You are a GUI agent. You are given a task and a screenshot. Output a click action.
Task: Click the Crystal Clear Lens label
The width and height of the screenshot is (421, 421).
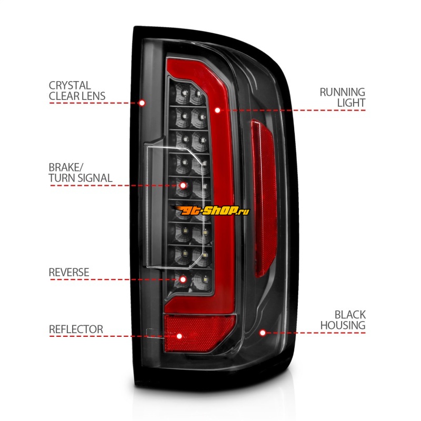pyautogui.click(x=77, y=91)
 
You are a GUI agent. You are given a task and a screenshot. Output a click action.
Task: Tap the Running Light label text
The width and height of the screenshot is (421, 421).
pyautogui.click(x=342, y=97)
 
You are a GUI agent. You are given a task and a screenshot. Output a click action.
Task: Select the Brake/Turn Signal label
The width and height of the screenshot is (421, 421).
pyautogui.click(x=80, y=173)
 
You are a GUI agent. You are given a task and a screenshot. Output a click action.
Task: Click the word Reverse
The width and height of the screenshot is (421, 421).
pyautogui.click(x=69, y=272)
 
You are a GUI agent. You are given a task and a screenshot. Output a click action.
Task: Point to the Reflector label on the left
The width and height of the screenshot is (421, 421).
pyautogui.click(x=76, y=329)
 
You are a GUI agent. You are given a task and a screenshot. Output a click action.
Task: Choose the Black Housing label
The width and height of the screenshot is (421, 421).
pyautogui.click(x=343, y=320)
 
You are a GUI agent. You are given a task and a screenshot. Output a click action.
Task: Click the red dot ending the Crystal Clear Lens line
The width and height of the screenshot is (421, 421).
pyautogui.click(x=142, y=103)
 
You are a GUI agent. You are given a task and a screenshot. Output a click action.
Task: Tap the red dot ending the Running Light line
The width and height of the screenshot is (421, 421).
pyautogui.click(x=217, y=111)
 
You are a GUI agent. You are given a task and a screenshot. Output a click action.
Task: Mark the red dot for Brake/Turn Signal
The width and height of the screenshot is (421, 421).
pyautogui.click(x=183, y=185)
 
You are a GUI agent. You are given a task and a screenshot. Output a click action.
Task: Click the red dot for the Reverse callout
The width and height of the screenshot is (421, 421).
pyautogui.click(x=183, y=279)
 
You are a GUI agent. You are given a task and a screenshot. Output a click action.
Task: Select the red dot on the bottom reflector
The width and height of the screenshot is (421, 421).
pyautogui.click(x=179, y=336)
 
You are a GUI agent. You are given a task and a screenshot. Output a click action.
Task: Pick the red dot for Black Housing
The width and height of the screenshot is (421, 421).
pyautogui.click(x=262, y=333)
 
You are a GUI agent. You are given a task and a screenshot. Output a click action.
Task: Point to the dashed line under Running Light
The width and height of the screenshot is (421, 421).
pyautogui.click(x=295, y=111)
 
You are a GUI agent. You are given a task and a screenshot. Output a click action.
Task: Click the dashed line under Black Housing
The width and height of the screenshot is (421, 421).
pyautogui.click(x=316, y=333)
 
